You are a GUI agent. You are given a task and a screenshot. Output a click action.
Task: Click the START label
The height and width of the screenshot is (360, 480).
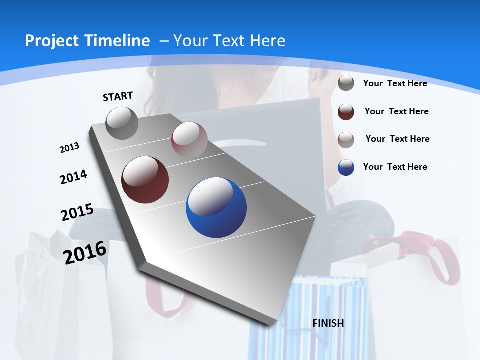pos(118,96)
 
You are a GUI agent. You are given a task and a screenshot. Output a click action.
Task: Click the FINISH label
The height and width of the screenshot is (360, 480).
pos(328,323)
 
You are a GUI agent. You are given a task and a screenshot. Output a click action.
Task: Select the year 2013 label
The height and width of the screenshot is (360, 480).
pos(69,148)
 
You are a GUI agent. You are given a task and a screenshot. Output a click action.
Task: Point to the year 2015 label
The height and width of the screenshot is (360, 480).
pos(77,212)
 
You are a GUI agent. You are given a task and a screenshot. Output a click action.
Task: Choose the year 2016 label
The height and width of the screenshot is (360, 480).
pos(85,253)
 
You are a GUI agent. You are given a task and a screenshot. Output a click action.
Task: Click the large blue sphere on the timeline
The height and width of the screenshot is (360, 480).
pos(216,207)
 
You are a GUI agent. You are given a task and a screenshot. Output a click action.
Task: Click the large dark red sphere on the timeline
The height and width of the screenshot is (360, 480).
pos(145,180)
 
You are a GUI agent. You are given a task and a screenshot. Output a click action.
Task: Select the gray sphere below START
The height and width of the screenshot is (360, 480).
pos(122,123)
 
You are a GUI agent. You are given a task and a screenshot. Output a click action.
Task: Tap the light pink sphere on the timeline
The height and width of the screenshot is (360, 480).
pos(189,139)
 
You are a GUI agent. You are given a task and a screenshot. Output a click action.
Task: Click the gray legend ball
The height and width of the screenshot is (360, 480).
pos(346,83)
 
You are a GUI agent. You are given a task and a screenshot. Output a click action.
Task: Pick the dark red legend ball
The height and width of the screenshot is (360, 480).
pos(346,112)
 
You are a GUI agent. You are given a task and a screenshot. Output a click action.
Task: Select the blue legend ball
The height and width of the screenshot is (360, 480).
pos(346,167)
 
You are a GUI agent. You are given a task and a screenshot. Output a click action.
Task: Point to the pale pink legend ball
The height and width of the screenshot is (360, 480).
pos(346,139)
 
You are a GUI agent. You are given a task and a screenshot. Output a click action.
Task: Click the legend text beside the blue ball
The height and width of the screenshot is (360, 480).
pos(395,167)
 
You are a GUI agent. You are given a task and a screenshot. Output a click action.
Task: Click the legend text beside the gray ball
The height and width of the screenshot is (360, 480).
pos(395,83)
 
